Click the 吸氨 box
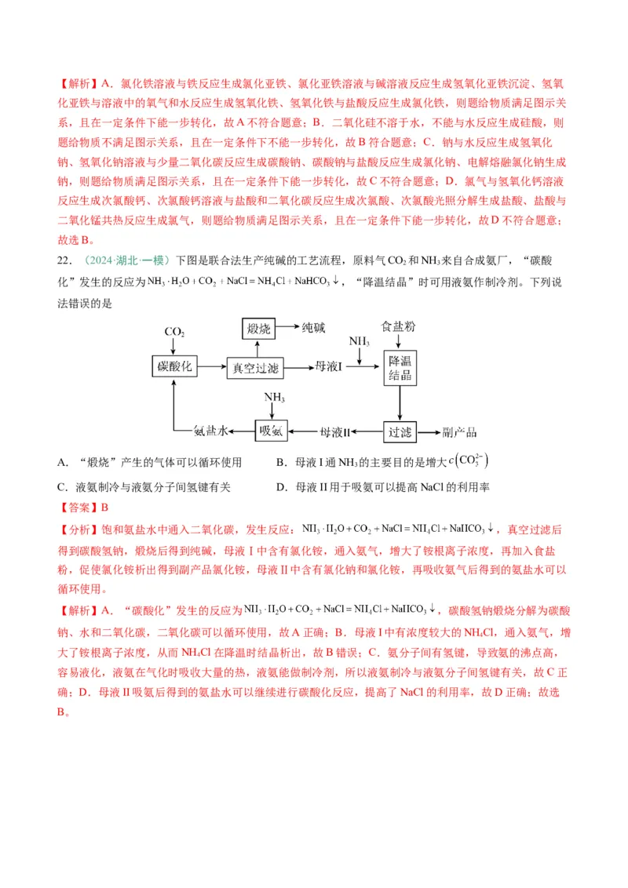click(x=272, y=431)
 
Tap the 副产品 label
click(x=460, y=431)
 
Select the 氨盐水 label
click(x=210, y=431)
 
